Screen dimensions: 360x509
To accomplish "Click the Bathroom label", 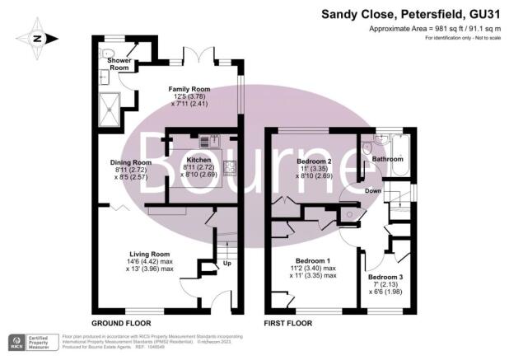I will coord(387,158).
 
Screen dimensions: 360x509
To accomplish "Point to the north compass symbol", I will coord(37,37).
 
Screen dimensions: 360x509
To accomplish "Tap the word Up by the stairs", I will coord(227,264).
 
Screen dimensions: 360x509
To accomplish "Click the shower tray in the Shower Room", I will coord(109,103).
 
